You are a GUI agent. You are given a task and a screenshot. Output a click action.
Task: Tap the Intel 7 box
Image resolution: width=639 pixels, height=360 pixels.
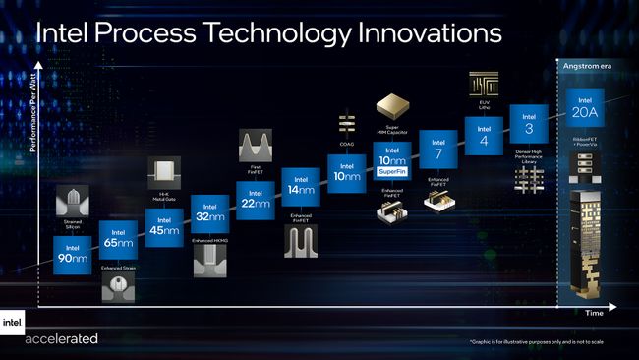tap(438, 150)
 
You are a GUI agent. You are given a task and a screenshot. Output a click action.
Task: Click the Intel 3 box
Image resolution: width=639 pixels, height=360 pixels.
tap(529, 123)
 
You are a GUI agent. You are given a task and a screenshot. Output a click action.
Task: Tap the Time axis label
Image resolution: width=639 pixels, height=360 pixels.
tap(594, 311)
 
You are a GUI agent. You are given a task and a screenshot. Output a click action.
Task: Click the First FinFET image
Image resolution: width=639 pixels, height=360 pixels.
tap(255, 147)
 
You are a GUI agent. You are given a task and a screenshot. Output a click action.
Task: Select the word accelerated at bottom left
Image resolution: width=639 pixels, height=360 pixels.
tap(61, 339)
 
